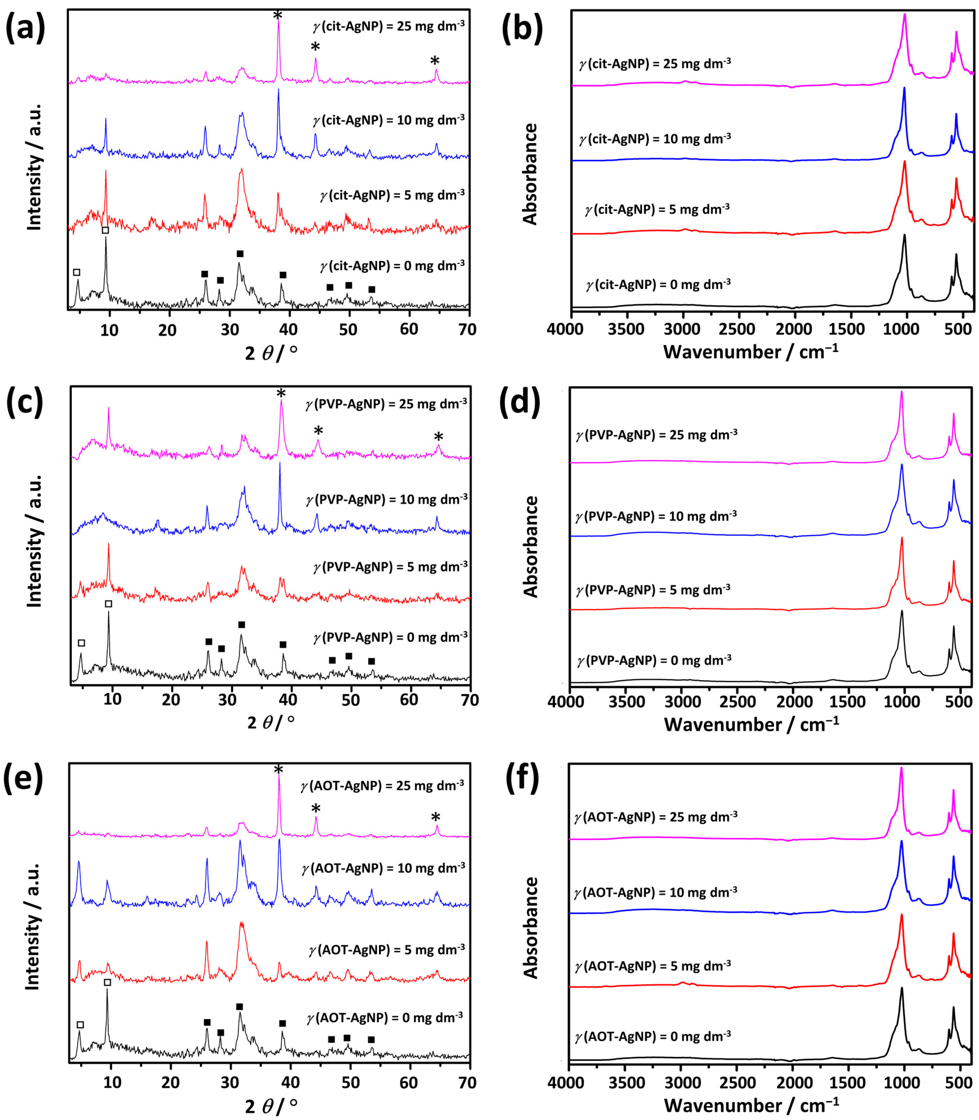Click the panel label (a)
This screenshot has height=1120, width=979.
tap(25, 28)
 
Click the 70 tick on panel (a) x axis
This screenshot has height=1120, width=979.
tap(468, 330)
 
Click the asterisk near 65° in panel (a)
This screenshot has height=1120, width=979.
tap(435, 60)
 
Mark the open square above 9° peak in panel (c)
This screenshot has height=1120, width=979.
tap(109, 604)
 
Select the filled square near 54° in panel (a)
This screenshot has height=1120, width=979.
tap(371, 289)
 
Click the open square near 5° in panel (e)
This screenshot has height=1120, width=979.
tap(80, 1025)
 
